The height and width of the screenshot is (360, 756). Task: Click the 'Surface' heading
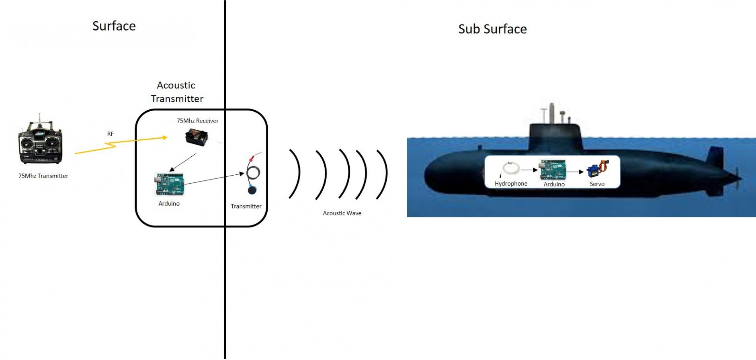[x=114, y=26]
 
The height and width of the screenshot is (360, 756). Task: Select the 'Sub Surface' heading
[x=492, y=29]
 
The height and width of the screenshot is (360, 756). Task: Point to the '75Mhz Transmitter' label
[x=43, y=176]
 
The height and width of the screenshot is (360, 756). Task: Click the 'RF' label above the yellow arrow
[x=111, y=134]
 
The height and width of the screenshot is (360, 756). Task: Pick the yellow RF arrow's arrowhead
[x=164, y=138]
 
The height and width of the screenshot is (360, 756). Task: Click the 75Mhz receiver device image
[x=197, y=137]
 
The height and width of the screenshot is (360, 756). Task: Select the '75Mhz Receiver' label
[x=198, y=121]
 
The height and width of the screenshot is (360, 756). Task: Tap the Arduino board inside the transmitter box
[x=169, y=184]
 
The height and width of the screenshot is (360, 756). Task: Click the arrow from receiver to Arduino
[x=183, y=162]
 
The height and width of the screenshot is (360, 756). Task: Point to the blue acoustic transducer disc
[x=252, y=190]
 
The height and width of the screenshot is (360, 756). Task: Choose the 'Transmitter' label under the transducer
[x=246, y=207]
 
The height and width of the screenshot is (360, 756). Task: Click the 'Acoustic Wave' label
[x=342, y=213]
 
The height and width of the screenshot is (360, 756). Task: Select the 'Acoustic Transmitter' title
[x=177, y=92]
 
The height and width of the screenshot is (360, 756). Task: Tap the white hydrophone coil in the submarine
[x=511, y=168]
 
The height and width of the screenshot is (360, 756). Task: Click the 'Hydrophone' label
[x=511, y=184]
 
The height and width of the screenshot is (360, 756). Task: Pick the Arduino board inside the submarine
[x=553, y=170]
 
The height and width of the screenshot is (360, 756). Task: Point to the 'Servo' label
[x=597, y=184]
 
